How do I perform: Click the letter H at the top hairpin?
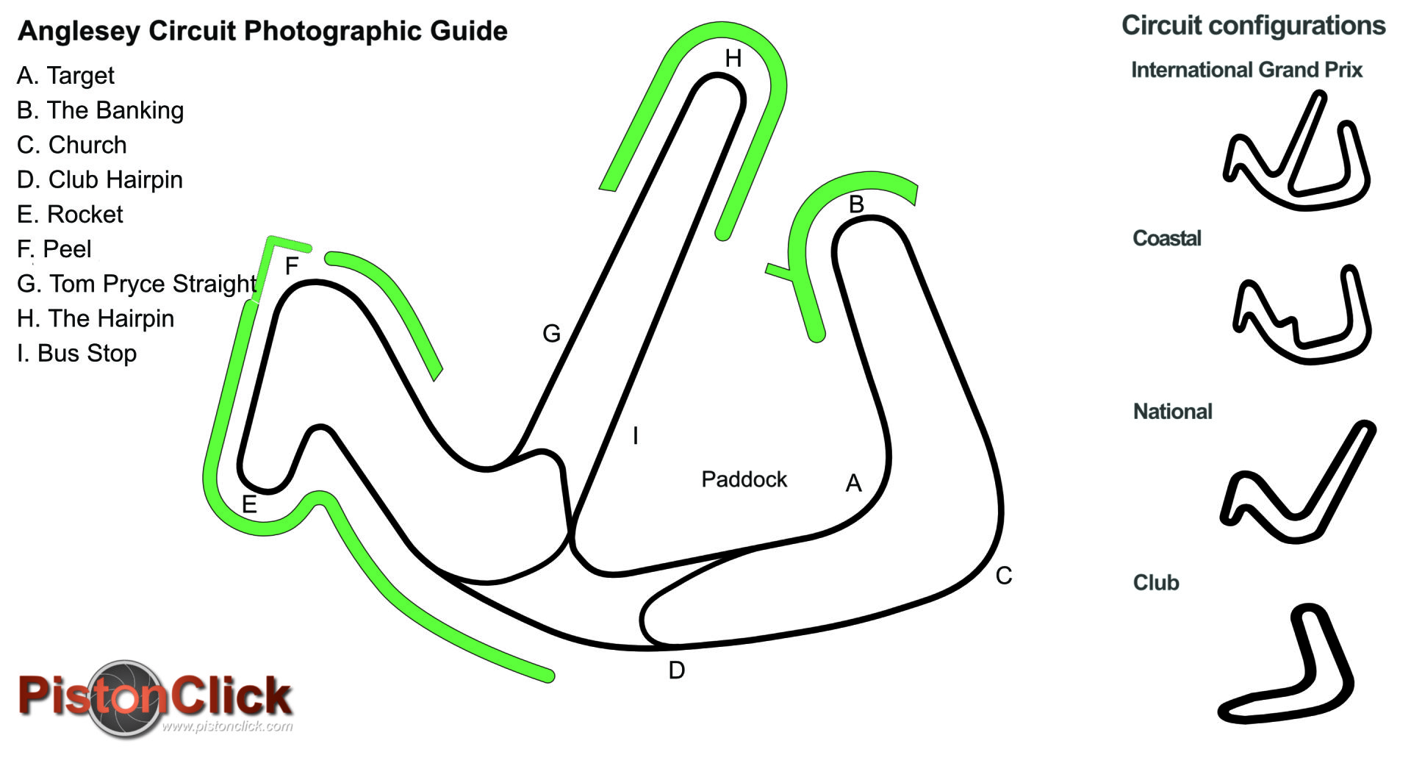(733, 59)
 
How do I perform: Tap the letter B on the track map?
(856, 204)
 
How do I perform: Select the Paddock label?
(744, 479)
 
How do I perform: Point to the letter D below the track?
(676, 670)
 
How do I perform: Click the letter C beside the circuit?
(1004, 576)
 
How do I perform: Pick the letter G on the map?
(551, 334)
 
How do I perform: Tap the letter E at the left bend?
(249, 505)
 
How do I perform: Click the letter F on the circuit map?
(292, 266)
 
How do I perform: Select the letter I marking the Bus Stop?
(636, 436)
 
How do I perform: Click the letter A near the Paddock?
(853, 483)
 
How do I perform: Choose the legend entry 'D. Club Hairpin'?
(100, 179)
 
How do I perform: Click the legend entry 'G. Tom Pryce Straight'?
(137, 284)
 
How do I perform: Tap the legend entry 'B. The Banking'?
(100, 110)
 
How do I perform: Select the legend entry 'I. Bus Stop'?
(76, 353)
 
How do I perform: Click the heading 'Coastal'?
(1166, 238)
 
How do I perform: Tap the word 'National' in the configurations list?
(1172, 412)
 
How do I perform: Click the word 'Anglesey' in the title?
(79, 31)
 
